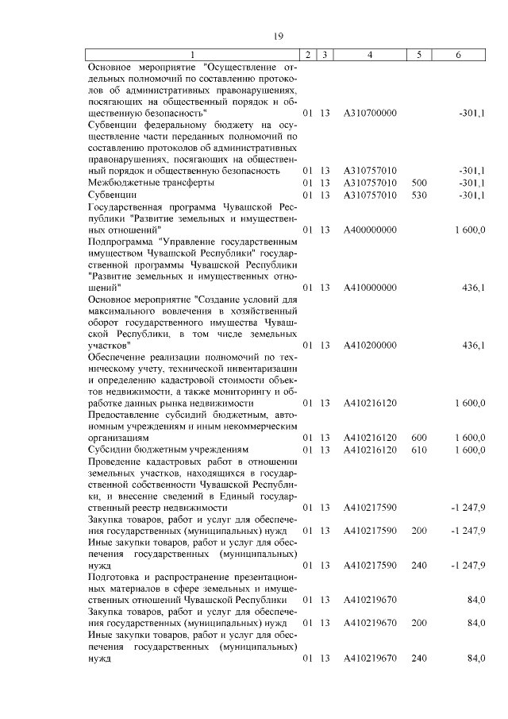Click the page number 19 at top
278,34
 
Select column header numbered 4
370,54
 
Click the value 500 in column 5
420,183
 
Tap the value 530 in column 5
420,195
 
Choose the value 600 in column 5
420,438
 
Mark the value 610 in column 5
420,450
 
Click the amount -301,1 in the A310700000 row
472,114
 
